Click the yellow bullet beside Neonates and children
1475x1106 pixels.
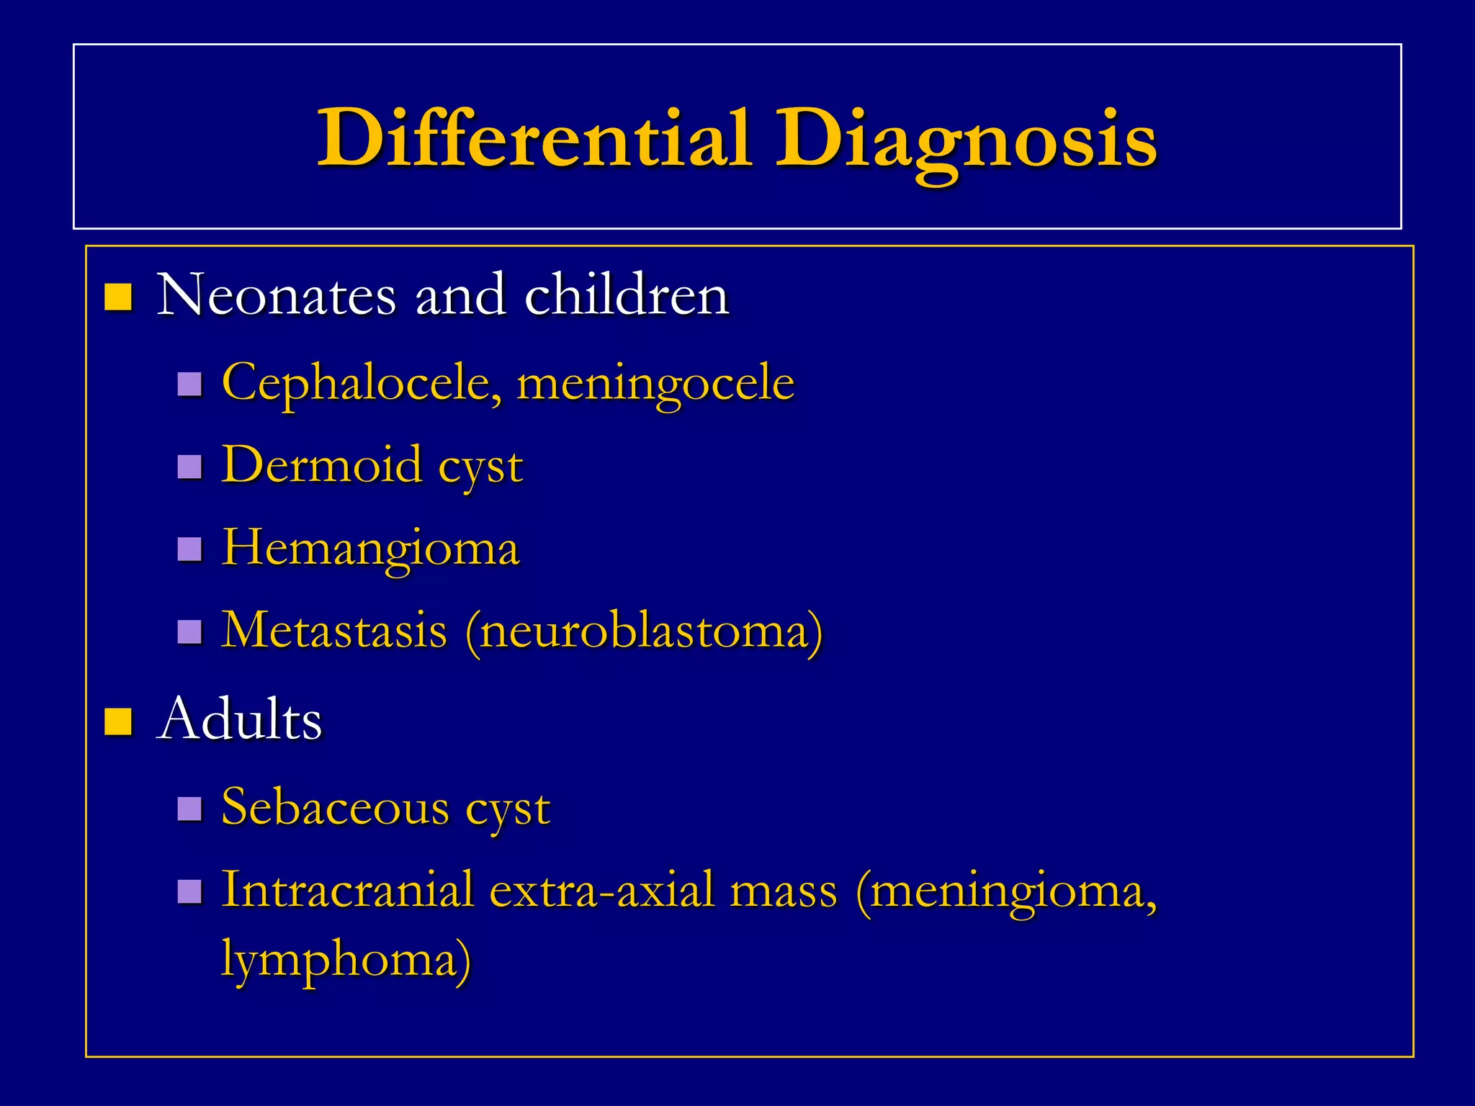pos(117,297)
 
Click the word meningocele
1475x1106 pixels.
pos(655,383)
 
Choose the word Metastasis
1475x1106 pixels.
pos(334,631)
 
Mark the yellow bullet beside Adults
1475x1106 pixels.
pos(117,721)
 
